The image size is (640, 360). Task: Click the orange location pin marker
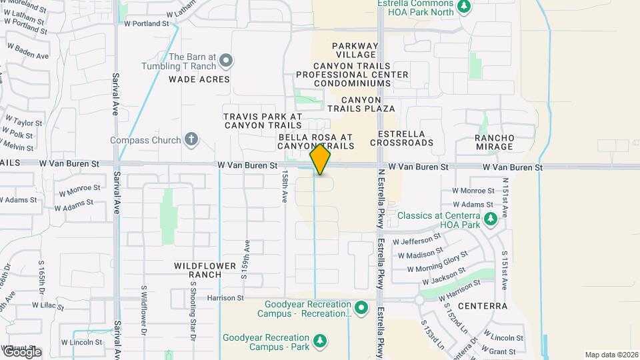(x=320, y=159)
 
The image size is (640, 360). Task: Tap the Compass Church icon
(x=191, y=140)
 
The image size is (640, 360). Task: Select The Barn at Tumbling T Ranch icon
(x=226, y=61)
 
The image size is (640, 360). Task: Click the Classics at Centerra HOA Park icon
(x=491, y=219)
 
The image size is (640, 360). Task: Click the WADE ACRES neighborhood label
(x=199, y=79)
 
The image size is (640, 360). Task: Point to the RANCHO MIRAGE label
(x=495, y=142)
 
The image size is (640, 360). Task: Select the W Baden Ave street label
(x=27, y=52)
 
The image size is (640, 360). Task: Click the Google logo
(x=21, y=352)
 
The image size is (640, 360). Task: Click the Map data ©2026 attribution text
(x=611, y=355)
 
